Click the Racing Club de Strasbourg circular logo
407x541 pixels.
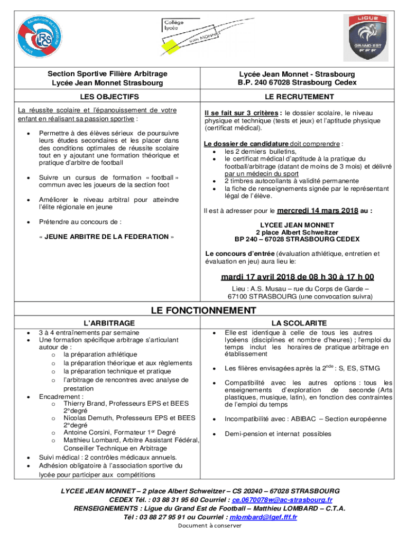pyautogui.click(x=40, y=37)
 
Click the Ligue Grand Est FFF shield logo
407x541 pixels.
pyautogui.click(x=365, y=38)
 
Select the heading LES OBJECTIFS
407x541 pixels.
pyautogui.click(x=109, y=97)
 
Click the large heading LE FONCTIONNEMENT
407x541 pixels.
pyautogui.click(x=203, y=311)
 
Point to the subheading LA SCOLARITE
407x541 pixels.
pyautogui.click(x=299, y=323)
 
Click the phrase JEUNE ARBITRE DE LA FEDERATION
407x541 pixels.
pyautogui.click(x=106, y=237)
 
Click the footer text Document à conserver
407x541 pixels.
pyautogui.click(x=209, y=526)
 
